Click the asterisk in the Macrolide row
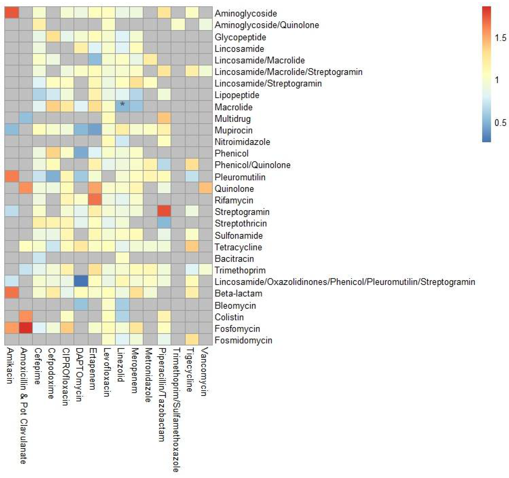[x=122, y=104]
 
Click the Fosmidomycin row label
[x=243, y=340]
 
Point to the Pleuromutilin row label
[x=240, y=177]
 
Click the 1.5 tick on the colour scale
[x=500, y=38]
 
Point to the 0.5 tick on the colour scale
[x=500, y=123]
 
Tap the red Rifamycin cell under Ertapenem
[x=95, y=200]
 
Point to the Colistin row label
[x=229, y=317]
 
